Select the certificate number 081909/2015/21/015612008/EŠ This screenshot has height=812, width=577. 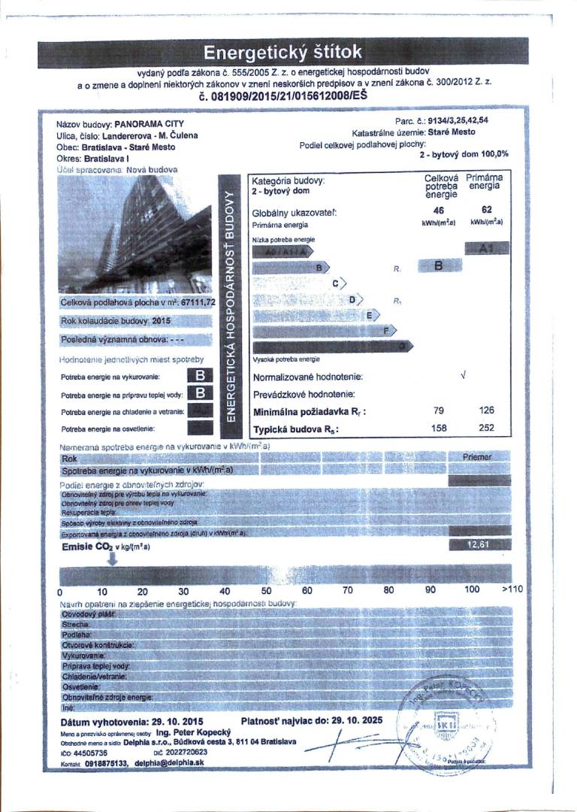pyautogui.click(x=283, y=97)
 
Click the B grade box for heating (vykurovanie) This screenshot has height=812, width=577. pyautogui.click(x=201, y=374)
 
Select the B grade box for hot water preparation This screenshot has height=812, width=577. pyautogui.click(x=201, y=392)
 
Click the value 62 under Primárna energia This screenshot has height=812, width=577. pyautogui.click(x=486, y=212)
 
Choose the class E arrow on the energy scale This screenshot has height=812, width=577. pyautogui.click(x=369, y=315)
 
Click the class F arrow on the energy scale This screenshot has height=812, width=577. pyautogui.click(x=386, y=330)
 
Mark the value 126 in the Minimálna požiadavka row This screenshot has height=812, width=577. pyautogui.click(x=486, y=411)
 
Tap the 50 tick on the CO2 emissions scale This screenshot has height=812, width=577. pyautogui.click(x=266, y=590)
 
